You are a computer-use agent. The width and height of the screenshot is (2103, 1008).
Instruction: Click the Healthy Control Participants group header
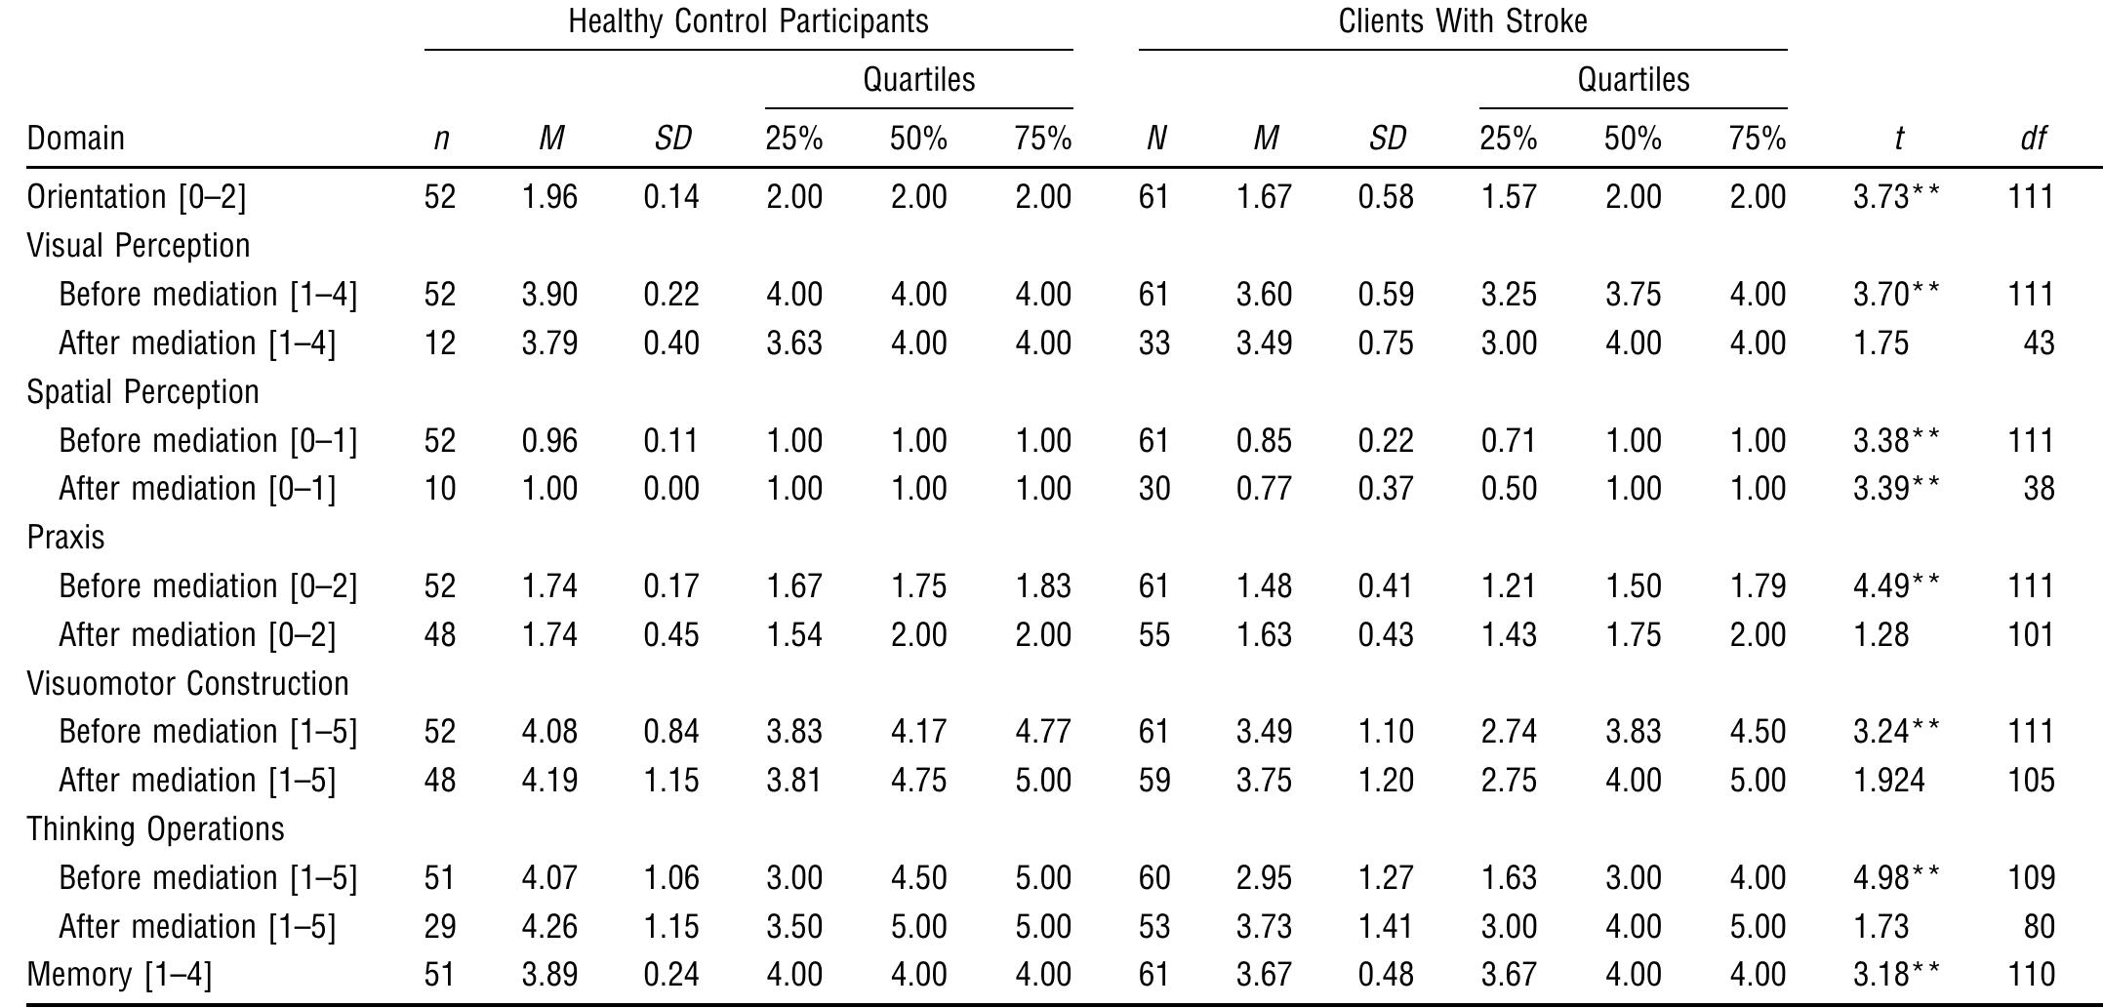748,21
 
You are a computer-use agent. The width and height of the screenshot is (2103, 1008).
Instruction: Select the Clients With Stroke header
1462,21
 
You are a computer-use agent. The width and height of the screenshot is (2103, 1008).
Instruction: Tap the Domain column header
76,139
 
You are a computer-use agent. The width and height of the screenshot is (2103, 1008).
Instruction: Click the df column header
2032,139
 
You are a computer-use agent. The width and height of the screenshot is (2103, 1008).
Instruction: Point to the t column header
1898,139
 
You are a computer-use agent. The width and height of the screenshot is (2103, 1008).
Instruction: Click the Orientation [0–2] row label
137,197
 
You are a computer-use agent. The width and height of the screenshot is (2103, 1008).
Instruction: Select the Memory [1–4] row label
119,975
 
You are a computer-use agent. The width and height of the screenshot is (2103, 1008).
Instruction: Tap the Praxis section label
65,538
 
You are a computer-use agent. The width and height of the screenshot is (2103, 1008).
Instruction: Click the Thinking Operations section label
155,829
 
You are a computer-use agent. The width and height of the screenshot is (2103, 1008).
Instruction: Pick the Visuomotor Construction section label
187,683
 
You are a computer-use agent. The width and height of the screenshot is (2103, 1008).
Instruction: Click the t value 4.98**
1896,878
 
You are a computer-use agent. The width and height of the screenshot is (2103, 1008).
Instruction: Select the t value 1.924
1888,781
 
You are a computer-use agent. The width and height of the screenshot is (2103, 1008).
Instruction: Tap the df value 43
2039,343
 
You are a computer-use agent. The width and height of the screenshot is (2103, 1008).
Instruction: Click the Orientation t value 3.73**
1896,197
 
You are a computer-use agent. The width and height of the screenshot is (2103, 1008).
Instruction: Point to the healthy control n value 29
440,926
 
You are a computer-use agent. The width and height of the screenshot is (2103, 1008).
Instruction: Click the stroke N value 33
1153,343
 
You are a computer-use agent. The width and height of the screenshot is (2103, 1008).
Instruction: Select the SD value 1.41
1386,926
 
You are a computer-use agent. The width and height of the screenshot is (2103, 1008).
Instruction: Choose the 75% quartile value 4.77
1042,732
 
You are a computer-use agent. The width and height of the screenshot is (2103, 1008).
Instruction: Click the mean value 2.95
1264,878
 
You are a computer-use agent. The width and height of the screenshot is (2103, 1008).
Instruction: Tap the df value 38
2039,489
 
